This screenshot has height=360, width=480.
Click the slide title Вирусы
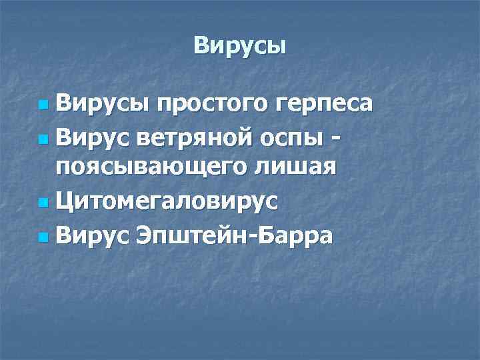tap(240, 45)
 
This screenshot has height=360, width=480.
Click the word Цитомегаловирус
tap(167, 200)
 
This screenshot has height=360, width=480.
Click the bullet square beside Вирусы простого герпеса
tap(43, 106)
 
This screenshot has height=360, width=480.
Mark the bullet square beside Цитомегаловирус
tap(43, 201)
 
